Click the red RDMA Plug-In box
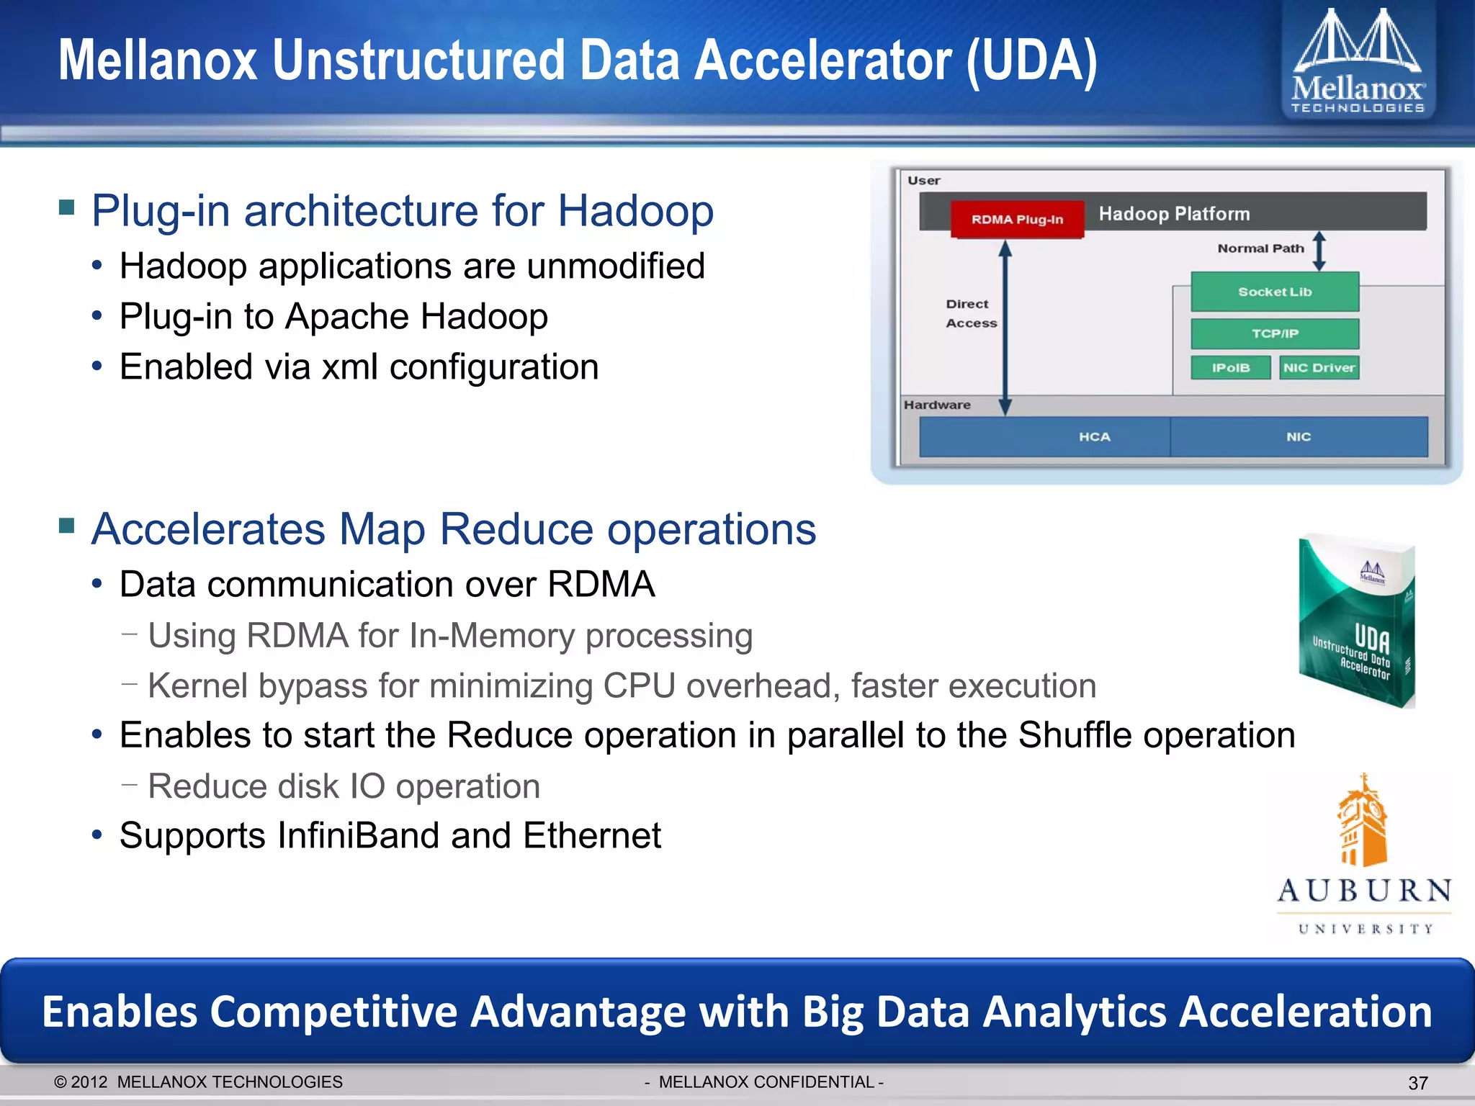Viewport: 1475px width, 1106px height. [x=1016, y=219]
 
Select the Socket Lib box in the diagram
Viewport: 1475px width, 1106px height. [x=1274, y=292]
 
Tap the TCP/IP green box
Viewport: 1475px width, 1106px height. [x=1274, y=333]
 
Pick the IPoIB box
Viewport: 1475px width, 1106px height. [x=1230, y=367]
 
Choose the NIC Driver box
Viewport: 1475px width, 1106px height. [x=1319, y=367]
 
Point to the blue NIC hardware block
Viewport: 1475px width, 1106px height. [x=1298, y=436]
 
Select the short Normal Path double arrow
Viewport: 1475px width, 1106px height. [x=1319, y=251]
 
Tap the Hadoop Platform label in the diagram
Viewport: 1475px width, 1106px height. [x=1174, y=214]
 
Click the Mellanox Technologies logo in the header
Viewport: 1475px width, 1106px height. [x=1358, y=61]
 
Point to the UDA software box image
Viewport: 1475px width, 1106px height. [x=1357, y=620]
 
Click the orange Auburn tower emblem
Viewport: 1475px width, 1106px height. [x=1362, y=821]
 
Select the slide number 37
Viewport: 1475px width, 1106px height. [x=1417, y=1083]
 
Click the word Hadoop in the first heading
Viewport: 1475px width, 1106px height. [x=635, y=211]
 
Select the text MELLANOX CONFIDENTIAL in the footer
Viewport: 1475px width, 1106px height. [x=766, y=1082]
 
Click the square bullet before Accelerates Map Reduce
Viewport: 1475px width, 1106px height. [x=67, y=526]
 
